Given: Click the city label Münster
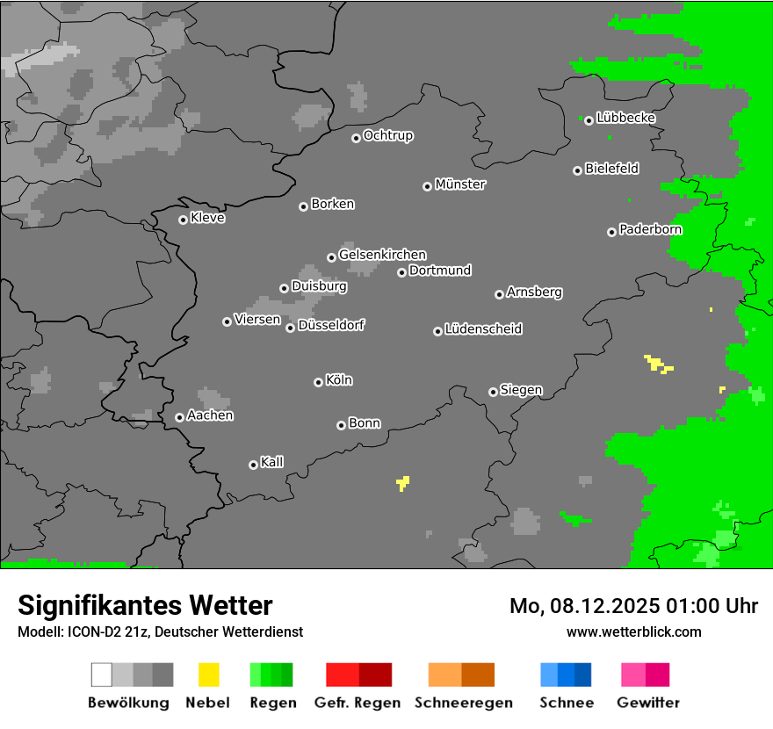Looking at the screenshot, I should (x=460, y=184).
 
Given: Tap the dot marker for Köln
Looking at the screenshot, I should (x=318, y=382).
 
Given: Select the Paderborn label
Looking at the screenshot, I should (x=651, y=230).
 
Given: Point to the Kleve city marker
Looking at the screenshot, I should (x=183, y=220).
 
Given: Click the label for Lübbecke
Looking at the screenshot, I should (x=626, y=118).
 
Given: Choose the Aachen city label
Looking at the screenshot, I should (x=211, y=415).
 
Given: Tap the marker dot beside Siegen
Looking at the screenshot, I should (x=493, y=392).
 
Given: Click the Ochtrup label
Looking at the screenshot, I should (x=388, y=136).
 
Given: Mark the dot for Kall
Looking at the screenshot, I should (x=253, y=465).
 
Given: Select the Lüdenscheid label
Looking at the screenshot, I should (x=484, y=329).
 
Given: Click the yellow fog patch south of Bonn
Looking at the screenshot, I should (x=403, y=482).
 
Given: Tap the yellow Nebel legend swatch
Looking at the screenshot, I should (x=208, y=675).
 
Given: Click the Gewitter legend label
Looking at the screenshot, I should (x=648, y=703).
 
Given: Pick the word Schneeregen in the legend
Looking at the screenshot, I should (x=464, y=703).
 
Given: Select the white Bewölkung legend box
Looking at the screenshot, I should (x=101, y=675).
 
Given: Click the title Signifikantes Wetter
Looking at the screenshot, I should (x=145, y=605).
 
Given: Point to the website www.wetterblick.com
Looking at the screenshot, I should (x=633, y=632).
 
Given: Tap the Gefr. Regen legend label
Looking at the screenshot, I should (x=358, y=703).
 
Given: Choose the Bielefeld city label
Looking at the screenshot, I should (x=612, y=169).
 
